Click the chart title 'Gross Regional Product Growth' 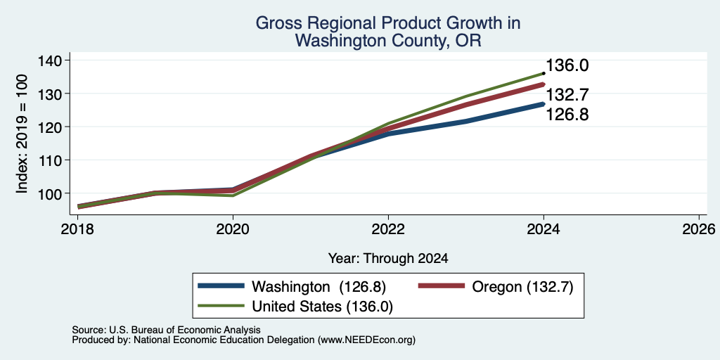pos(387,23)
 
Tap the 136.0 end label pos(567,65)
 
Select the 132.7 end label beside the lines pos(567,95)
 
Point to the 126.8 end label pos(567,115)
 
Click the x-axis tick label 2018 pos(77,229)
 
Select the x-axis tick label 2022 pos(388,229)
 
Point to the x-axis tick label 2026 pos(699,229)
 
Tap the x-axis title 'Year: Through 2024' pos(388,259)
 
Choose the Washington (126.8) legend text pos(319,287)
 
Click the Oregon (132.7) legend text pos(522,287)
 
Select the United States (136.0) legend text pos(322,307)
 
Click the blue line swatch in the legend pos(221,286)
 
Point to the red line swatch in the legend pos(441,286)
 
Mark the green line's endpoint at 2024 pos(544,73)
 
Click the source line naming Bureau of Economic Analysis pos(166,330)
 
